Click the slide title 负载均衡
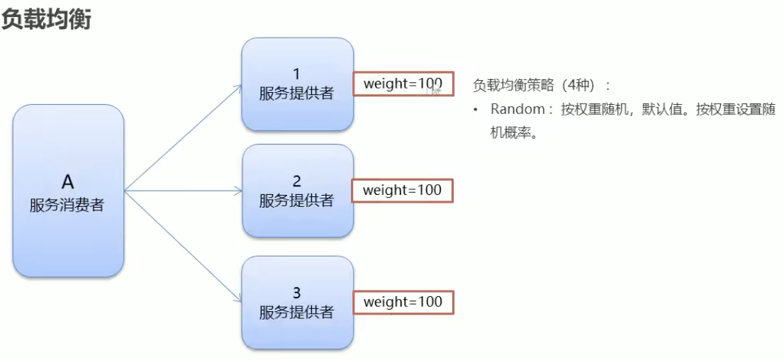(46, 19)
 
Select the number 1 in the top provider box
(297, 74)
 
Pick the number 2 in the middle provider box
(297, 181)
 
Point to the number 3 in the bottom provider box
(297, 293)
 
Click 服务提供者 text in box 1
(297, 94)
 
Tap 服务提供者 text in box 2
(297, 201)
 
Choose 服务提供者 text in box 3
(297, 313)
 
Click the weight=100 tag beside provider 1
(402, 84)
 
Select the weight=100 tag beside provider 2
(402, 190)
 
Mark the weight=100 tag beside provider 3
(402, 302)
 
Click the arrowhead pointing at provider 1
(239, 87)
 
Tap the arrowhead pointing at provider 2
(239, 190)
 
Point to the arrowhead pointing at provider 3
(239, 300)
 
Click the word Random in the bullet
(517, 110)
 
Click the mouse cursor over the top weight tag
(435, 89)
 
